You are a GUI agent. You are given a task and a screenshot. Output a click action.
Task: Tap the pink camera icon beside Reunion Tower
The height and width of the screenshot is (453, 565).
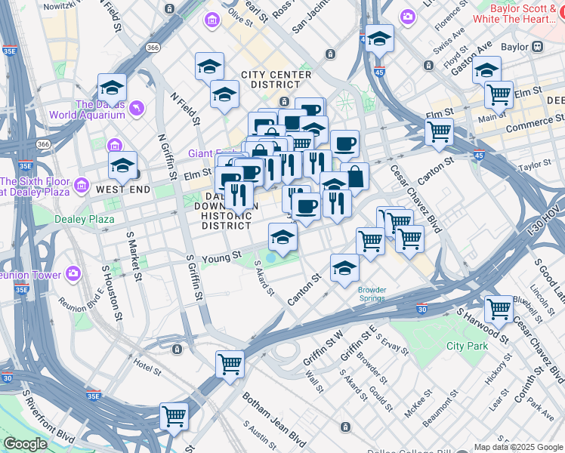click(x=74, y=273)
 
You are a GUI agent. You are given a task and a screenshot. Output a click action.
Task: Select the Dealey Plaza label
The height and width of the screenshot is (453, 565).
click(x=84, y=220)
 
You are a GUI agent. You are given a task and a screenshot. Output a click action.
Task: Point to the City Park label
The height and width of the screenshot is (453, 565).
click(x=467, y=346)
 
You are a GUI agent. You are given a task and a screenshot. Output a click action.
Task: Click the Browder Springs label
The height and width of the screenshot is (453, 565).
click(x=372, y=294)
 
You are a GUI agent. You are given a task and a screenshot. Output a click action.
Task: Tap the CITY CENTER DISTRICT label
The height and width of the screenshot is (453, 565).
click(x=276, y=80)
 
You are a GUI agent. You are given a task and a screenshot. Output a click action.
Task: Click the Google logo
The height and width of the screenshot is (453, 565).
click(x=24, y=444)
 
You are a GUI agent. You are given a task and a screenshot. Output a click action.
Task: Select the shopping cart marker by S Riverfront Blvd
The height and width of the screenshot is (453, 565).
click(x=174, y=415)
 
